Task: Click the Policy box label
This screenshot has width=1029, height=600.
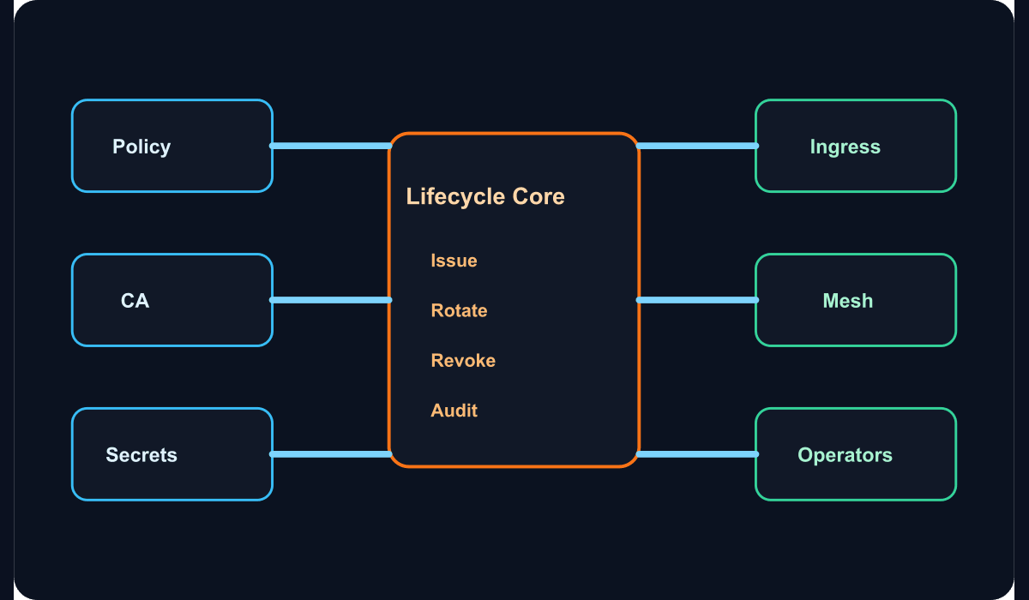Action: tap(141, 147)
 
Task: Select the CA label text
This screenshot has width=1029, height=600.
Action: tap(135, 301)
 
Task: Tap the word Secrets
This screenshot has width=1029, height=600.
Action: tap(141, 455)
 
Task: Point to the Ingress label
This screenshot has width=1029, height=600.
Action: tap(845, 147)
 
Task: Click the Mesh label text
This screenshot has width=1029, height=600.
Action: tap(848, 301)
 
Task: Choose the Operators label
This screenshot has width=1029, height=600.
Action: tap(845, 455)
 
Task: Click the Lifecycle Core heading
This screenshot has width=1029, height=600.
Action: tap(485, 196)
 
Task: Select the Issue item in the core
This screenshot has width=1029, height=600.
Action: tap(454, 261)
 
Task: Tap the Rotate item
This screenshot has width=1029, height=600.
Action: tap(459, 311)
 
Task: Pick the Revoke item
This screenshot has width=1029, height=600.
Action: tap(463, 360)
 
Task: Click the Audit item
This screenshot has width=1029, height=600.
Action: tap(454, 411)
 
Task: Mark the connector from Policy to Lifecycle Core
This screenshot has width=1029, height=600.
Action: tap(331, 146)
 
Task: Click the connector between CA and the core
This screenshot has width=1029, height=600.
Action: tap(331, 300)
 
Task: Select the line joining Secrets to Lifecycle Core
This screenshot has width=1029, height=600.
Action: tap(331, 454)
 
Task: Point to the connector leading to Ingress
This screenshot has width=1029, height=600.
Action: tap(697, 146)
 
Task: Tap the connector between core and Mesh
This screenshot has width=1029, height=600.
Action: tap(697, 300)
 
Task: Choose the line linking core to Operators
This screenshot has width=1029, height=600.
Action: tap(697, 454)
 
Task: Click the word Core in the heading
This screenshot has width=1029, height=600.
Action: tap(539, 196)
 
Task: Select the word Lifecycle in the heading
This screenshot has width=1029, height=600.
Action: tap(455, 196)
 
